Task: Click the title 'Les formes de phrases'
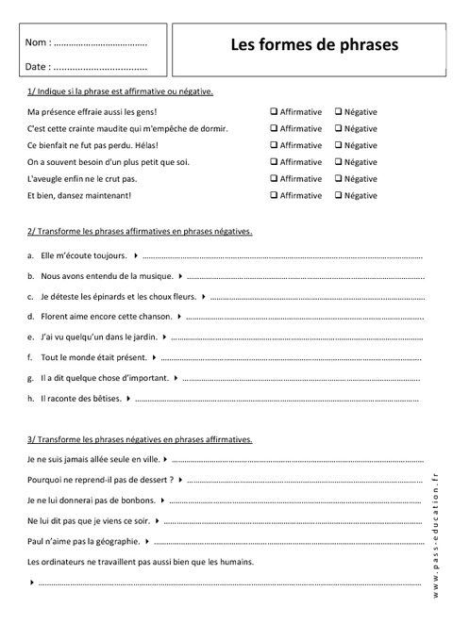coord(314,44)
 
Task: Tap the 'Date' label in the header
coord(37,67)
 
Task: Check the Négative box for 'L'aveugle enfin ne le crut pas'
coord(337,179)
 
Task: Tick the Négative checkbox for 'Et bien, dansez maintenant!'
coord(337,196)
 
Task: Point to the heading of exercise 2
coord(141,231)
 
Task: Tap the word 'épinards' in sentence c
coord(106,297)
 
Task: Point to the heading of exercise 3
coord(141,439)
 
